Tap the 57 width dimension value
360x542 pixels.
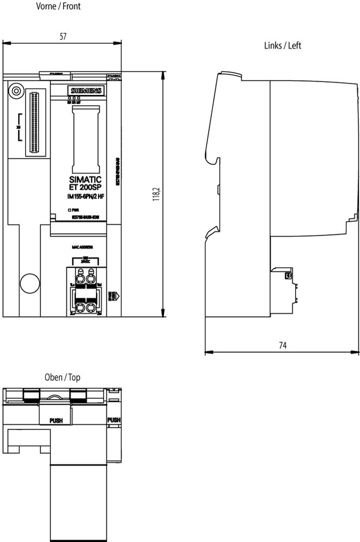[x=63, y=36]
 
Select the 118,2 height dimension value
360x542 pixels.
[x=157, y=194]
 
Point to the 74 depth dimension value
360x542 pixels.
[x=282, y=345]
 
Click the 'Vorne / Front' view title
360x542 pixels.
[x=58, y=7]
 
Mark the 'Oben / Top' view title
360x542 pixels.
[x=62, y=377]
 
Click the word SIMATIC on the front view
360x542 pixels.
[x=85, y=179]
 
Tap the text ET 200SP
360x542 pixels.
[x=85, y=188]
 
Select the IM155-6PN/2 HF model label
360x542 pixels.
[x=85, y=196]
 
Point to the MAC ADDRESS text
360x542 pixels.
[x=82, y=247]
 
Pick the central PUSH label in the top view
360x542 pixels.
[x=56, y=420]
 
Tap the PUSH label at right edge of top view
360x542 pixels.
[x=114, y=420]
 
